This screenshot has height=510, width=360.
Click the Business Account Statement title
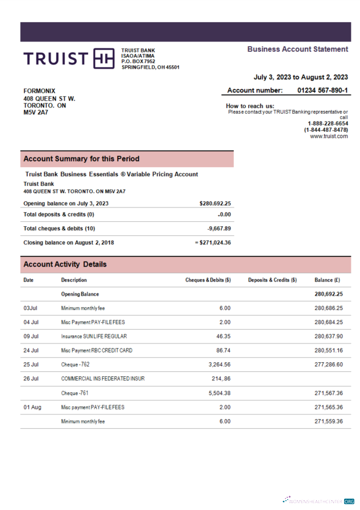click(297, 49)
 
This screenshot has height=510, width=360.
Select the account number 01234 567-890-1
click(322, 90)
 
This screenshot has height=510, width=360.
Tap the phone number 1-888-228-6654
click(328, 124)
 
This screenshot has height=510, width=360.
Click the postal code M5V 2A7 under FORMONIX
click(36, 113)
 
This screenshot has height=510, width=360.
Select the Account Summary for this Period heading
click(81, 159)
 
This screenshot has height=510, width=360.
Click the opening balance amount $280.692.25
click(215, 203)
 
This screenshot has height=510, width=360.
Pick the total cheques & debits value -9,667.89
click(219, 229)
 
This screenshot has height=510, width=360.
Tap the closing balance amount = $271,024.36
click(213, 242)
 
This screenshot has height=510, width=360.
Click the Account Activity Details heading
click(65, 264)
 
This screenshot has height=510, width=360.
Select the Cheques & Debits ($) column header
click(208, 280)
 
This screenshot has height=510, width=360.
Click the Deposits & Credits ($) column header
click(272, 280)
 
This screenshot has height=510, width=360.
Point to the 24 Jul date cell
click(31, 351)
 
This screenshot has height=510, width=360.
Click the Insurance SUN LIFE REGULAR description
click(94, 337)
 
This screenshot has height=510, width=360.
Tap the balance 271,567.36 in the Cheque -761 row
click(328, 393)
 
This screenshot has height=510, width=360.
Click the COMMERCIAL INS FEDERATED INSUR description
click(102, 379)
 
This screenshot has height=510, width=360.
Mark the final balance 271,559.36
click(328, 421)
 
